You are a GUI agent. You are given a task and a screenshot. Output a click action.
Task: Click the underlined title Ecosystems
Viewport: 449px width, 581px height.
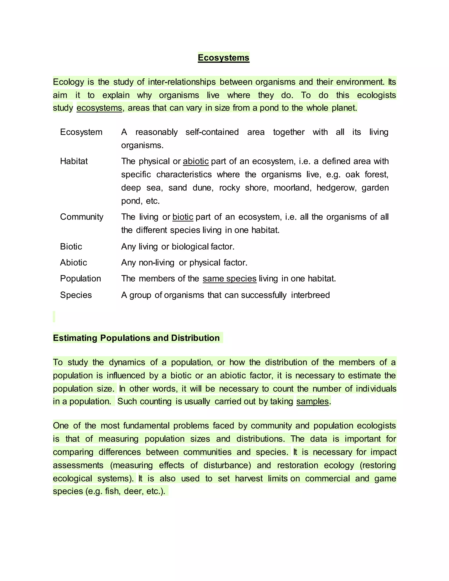point(223,58)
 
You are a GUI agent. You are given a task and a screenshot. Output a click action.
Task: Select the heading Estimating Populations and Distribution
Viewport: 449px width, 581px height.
point(136,338)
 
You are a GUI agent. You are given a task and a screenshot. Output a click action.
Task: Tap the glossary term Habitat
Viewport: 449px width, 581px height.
point(74,161)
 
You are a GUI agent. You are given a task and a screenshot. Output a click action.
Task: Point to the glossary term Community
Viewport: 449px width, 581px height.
point(81,217)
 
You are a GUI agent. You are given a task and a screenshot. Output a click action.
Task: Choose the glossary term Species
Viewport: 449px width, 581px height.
point(76,295)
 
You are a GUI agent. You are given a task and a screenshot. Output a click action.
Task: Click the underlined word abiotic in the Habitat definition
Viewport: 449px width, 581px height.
point(196,161)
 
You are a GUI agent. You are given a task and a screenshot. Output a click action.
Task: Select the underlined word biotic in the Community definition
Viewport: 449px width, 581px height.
point(183,217)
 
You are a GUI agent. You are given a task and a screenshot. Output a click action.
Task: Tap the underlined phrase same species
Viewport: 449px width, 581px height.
point(229,278)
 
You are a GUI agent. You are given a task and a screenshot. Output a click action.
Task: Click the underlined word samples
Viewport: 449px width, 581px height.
point(313,401)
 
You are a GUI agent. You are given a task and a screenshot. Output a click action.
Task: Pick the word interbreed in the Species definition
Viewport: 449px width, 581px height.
point(310,295)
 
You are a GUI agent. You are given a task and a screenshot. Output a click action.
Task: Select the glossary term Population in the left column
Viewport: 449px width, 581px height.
point(80,278)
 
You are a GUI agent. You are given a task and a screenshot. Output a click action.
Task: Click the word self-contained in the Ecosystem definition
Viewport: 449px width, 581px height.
point(212,132)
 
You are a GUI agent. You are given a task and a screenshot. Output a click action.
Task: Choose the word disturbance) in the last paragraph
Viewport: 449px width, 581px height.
point(227,465)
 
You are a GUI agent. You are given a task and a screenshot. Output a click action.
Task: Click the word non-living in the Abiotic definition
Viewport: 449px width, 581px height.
point(156,263)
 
